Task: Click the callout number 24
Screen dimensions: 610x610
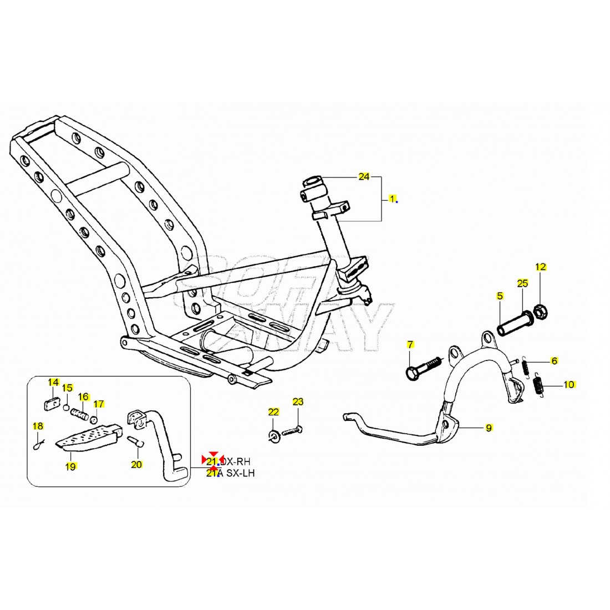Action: (x=364, y=177)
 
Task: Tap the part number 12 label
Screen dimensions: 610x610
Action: (x=541, y=267)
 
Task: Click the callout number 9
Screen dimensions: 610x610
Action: (x=489, y=428)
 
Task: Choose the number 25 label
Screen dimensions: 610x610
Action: (x=522, y=283)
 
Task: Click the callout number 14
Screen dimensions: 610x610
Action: (x=53, y=382)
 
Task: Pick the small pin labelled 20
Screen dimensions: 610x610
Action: (x=137, y=443)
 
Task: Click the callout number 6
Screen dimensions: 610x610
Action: (x=554, y=361)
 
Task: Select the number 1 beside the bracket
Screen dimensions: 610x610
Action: (x=392, y=198)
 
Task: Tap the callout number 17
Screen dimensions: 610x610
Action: (x=98, y=404)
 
